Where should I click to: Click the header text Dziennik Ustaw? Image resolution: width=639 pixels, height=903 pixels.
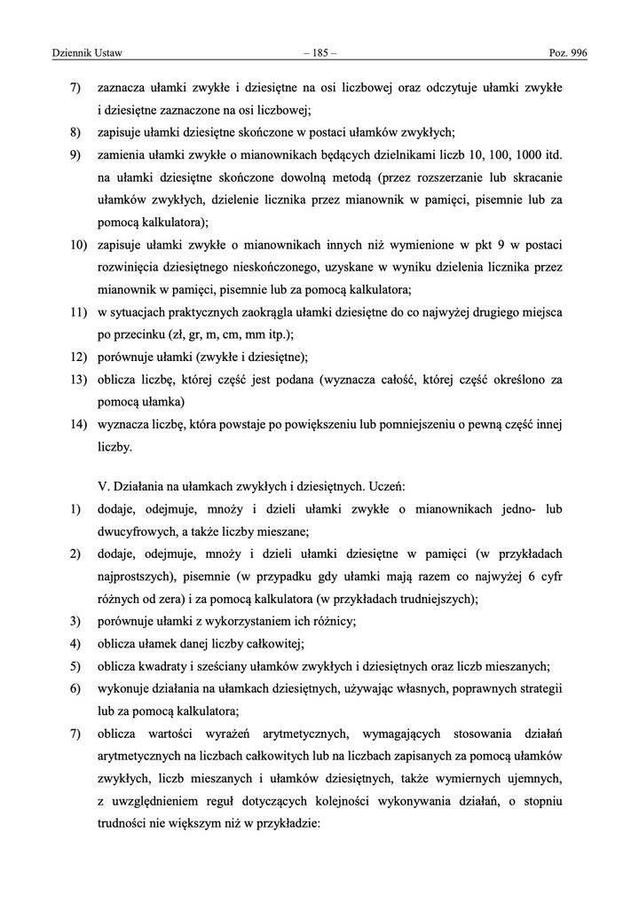pyautogui.click(x=76, y=53)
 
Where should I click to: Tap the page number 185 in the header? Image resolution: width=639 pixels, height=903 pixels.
pyautogui.click(x=319, y=53)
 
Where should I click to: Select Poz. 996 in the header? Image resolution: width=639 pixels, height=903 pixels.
pyautogui.click(x=569, y=53)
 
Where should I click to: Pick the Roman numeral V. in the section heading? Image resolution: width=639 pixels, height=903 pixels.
pyautogui.click(x=102, y=486)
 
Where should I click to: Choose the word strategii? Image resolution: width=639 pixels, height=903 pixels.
pyautogui.click(x=539, y=689)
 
